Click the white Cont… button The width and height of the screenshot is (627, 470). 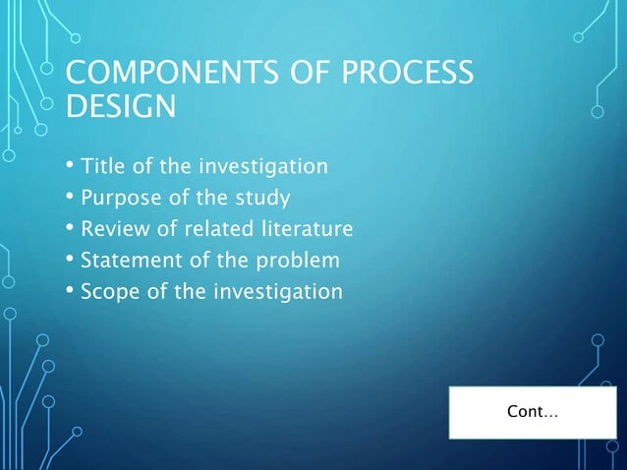click(532, 412)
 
